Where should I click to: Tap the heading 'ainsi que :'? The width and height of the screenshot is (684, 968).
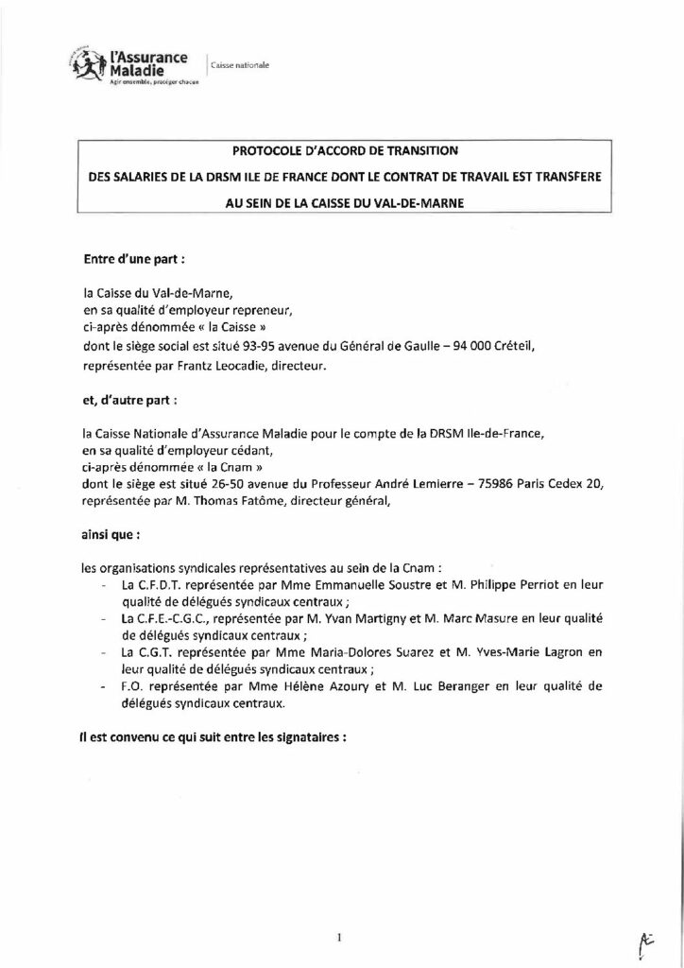[x=111, y=536]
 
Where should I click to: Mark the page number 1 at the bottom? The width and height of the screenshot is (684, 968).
[x=337, y=910]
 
